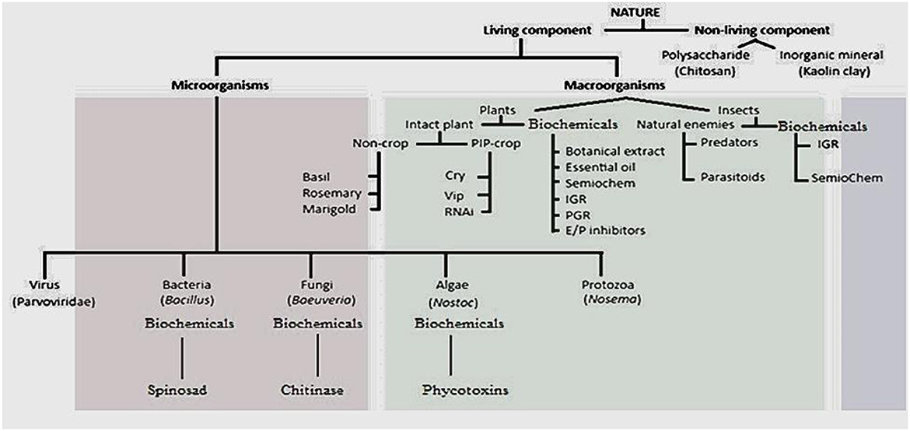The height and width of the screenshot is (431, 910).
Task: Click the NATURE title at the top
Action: coord(641,13)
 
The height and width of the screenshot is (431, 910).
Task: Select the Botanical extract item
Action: coord(604,151)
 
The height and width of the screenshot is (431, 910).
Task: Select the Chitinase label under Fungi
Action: coord(316,389)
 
